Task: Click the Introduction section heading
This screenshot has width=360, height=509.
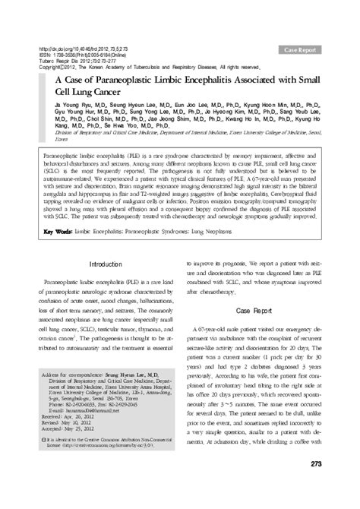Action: pos(106,264)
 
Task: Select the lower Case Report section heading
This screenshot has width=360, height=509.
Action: pos(263,332)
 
